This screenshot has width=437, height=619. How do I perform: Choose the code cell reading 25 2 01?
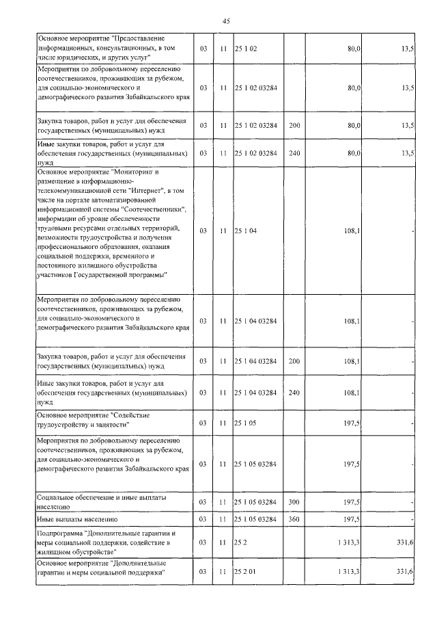tap(247, 572)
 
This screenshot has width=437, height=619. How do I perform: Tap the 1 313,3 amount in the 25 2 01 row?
tap(349, 572)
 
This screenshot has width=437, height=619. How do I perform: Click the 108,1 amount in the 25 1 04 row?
tap(353, 231)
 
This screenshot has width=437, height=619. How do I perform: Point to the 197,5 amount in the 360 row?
tap(353, 520)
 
